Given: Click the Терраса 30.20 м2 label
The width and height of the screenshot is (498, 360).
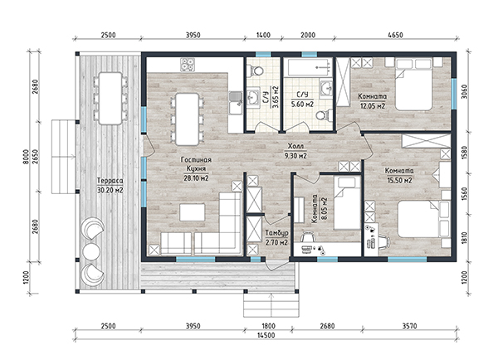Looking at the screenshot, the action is click(x=110, y=186).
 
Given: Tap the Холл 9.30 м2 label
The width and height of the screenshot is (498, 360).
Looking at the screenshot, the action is click(x=295, y=151).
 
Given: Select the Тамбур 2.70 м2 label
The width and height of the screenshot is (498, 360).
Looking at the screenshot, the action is click(x=276, y=238).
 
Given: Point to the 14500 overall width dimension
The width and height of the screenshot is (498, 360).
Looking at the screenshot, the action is click(x=266, y=335).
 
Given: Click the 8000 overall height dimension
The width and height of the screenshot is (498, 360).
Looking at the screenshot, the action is click(x=26, y=157).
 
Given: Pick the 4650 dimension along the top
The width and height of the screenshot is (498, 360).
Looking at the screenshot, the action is click(x=395, y=35).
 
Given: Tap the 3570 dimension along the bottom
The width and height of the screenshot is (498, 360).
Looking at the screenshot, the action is click(x=409, y=326).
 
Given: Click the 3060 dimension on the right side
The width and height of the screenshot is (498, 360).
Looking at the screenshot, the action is click(x=464, y=92).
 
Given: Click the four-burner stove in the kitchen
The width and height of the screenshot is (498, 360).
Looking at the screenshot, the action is click(x=188, y=65).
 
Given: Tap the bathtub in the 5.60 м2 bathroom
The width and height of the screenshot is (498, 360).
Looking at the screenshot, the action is click(x=309, y=66).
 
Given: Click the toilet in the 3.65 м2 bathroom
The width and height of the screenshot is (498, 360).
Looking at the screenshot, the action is click(x=255, y=71).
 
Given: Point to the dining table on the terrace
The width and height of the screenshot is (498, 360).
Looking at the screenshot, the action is click(x=110, y=99).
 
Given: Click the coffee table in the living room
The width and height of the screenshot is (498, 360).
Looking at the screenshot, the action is click(x=193, y=212).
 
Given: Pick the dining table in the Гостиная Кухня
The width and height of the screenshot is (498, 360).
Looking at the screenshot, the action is click(x=188, y=119).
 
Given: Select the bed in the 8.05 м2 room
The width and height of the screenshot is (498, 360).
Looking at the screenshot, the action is click(x=347, y=203).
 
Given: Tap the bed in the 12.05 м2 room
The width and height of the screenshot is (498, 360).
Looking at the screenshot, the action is click(x=414, y=84).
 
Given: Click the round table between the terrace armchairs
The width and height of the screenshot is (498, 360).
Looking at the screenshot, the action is click(x=91, y=251).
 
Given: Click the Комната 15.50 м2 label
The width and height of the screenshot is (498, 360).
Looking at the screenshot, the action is click(x=399, y=176).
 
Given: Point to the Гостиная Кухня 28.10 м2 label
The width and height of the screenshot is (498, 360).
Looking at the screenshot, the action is click(x=196, y=169).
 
